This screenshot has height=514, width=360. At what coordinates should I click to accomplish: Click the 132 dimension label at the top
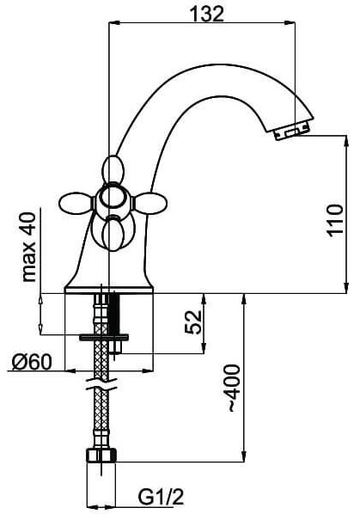point(207,14)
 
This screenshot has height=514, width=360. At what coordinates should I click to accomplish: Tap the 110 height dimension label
point(335,220)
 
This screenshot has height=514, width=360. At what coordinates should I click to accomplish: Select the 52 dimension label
point(193,321)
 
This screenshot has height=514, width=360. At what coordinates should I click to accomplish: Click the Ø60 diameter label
point(32,363)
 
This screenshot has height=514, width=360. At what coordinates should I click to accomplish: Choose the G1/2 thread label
point(161,498)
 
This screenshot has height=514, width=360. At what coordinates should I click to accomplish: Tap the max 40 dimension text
point(29,247)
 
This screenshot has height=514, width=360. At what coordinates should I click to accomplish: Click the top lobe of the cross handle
point(113,170)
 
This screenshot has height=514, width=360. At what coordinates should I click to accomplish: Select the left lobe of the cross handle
point(76,203)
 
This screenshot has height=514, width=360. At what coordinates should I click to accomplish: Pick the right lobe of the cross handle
point(151,203)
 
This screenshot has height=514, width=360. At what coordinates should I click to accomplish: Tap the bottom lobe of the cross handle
point(113,236)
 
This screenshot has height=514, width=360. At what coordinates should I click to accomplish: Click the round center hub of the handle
point(113,198)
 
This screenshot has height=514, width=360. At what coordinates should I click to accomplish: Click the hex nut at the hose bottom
point(101,456)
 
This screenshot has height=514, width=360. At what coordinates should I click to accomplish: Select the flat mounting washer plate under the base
point(104,337)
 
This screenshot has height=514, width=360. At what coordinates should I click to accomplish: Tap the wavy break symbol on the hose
point(101,384)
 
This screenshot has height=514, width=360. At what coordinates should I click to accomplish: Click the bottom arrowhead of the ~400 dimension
point(243,456)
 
